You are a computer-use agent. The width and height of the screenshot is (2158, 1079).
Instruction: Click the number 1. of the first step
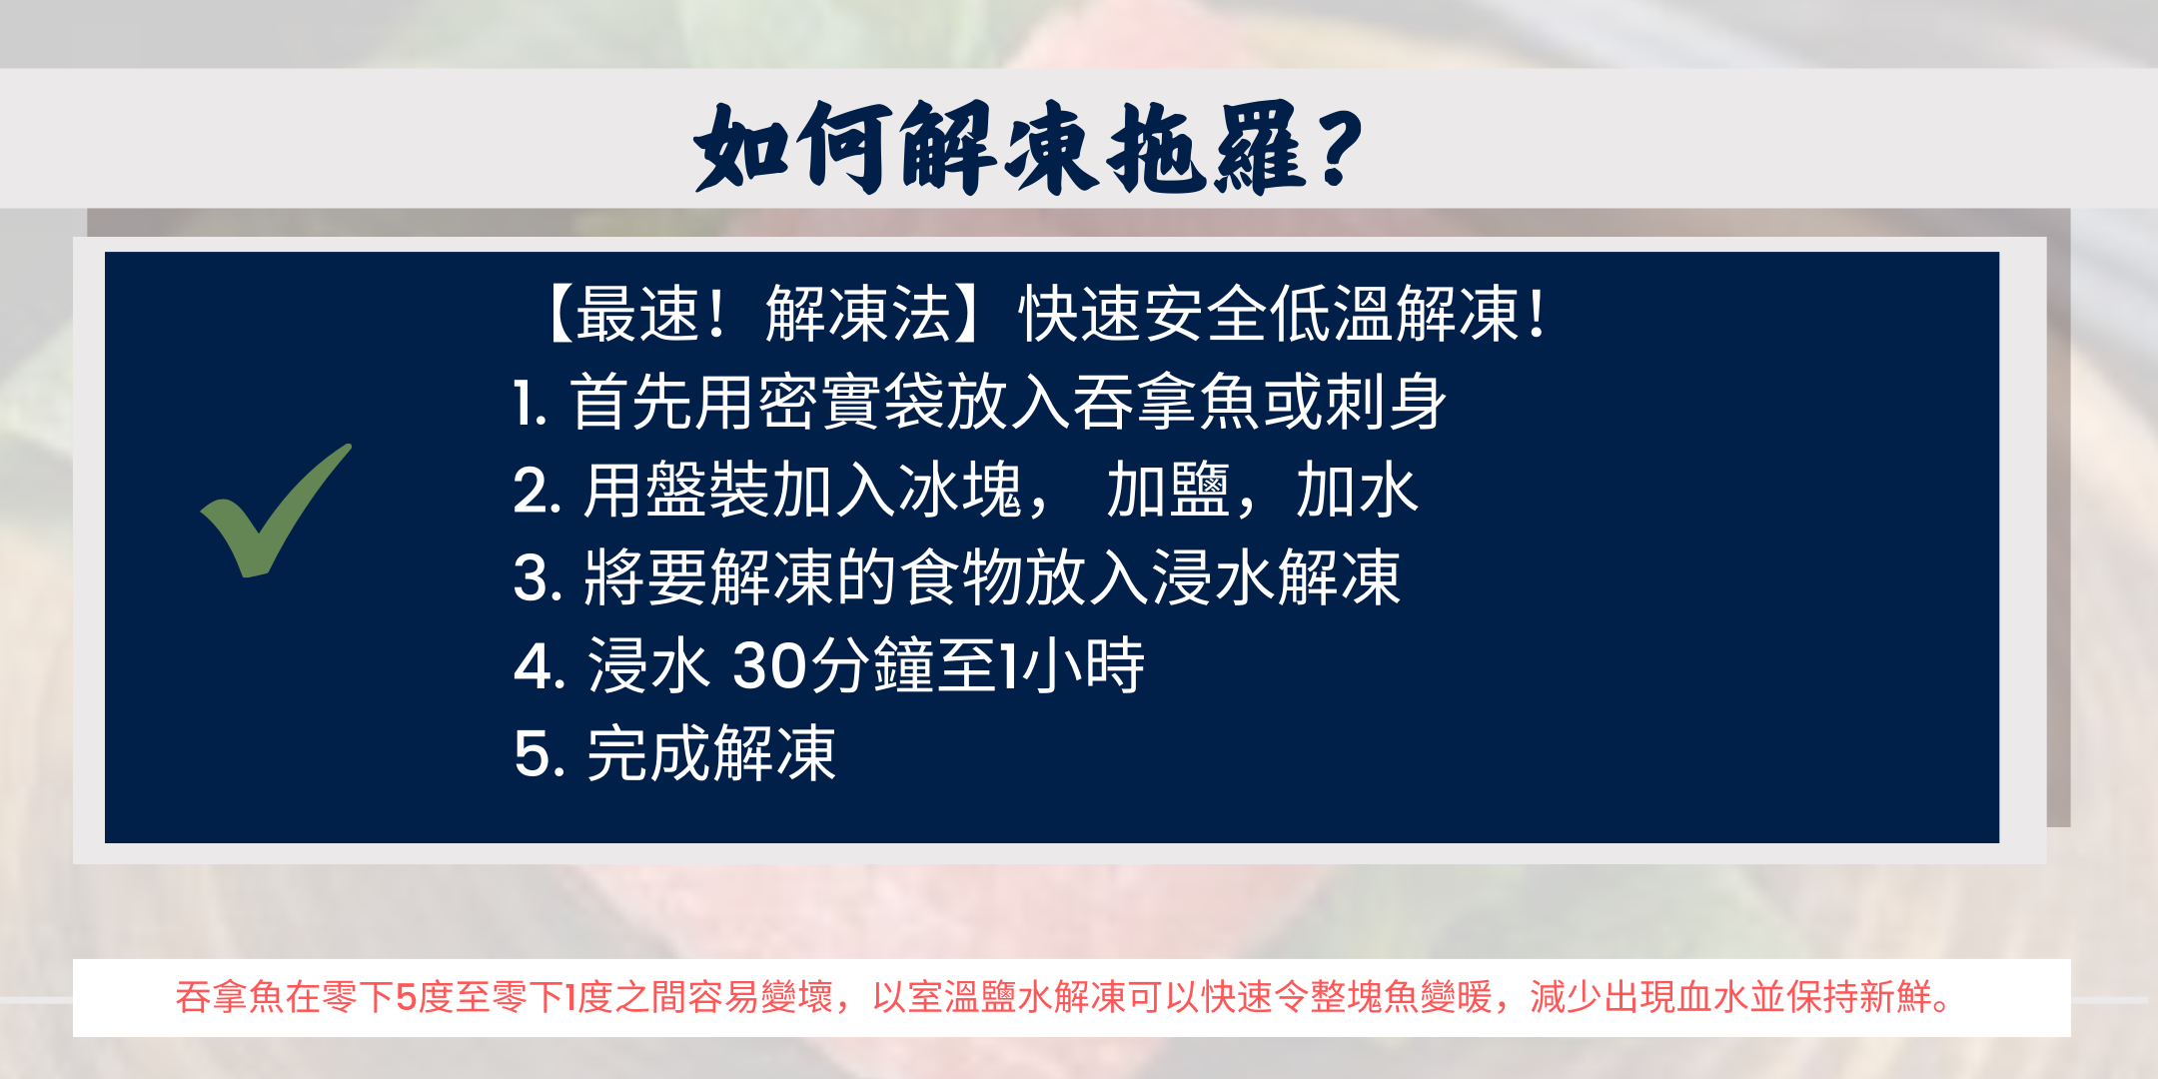(531, 404)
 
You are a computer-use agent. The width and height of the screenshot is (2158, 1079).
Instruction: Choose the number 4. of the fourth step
(539, 666)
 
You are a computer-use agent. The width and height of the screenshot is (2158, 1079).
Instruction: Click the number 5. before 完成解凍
(539, 754)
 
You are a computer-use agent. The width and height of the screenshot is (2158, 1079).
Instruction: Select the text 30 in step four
(770, 666)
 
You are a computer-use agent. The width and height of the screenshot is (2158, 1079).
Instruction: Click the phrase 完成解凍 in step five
(711, 753)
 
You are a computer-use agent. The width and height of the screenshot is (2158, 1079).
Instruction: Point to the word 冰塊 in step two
(960, 491)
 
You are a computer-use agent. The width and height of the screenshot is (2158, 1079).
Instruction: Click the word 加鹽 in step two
(1168, 491)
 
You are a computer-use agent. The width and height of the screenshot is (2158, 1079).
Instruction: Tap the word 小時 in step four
(1084, 665)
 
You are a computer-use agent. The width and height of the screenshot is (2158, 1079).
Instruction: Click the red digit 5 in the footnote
(406, 997)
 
